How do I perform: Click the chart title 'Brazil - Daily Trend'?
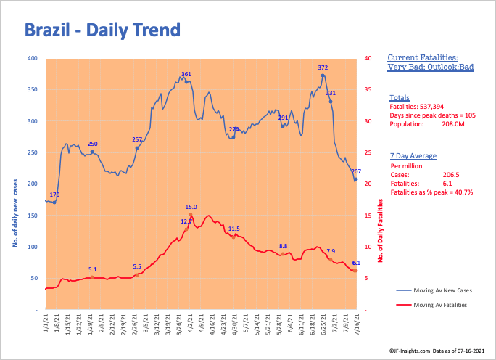[102, 30]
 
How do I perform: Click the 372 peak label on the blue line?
[323, 67]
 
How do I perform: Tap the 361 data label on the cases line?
[186, 74]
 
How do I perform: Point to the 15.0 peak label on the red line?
[191, 207]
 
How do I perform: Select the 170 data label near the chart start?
[55, 195]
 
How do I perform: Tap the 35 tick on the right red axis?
[368, 90]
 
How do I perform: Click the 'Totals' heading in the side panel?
[399, 97]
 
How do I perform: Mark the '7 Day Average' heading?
[411, 156]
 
